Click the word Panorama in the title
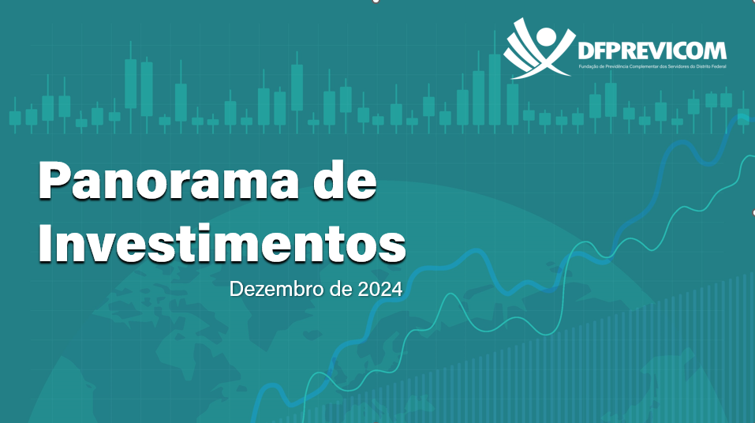click(x=169, y=180)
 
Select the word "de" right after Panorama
click(x=345, y=180)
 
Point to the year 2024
click(x=380, y=289)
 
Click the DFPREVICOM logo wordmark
click(x=652, y=51)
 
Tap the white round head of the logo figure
click(x=546, y=36)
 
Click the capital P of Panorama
click(x=54, y=180)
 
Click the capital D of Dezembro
click(x=237, y=289)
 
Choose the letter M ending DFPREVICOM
click(x=715, y=51)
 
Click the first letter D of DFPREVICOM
click(x=585, y=51)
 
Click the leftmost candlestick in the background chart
click(x=15, y=116)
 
